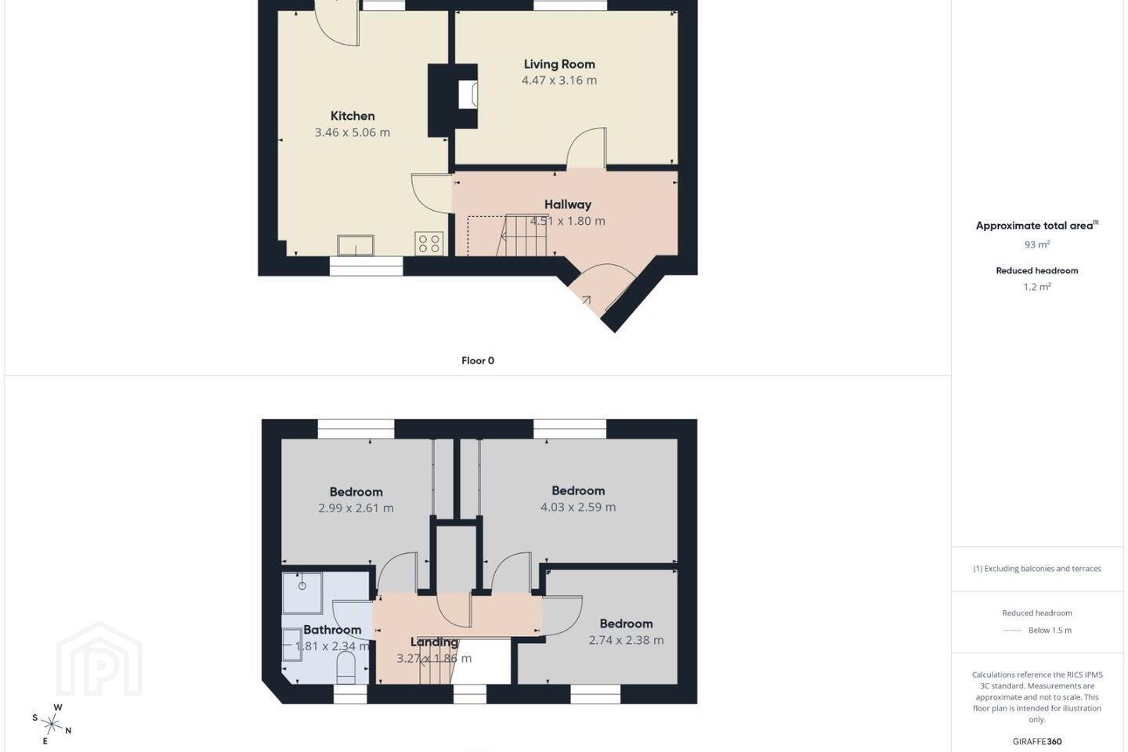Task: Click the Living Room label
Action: (x=559, y=64)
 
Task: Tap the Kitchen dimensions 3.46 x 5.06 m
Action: (x=352, y=132)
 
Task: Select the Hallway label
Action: (x=567, y=204)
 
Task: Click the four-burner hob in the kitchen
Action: (x=429, y=243)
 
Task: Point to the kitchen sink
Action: (x=356, y=245)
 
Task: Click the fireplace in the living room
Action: (x=468, y=94)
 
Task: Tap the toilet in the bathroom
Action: (x=345, y=668)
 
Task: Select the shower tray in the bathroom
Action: (x=302, y=592)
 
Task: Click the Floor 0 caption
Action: (x=478, y=360)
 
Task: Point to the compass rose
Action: (x=52, y=725)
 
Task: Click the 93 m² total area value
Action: (x=1037, y=244)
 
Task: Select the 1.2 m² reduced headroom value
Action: (x=1037, y=287)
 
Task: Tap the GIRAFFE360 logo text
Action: (x=1037, y=741)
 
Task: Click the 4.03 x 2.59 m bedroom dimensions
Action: (x=578, y=508)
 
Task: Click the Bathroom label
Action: (x=332, y=630)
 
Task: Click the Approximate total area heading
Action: (x=1037, y=226)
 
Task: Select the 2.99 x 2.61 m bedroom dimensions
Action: (x=356, y=508)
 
